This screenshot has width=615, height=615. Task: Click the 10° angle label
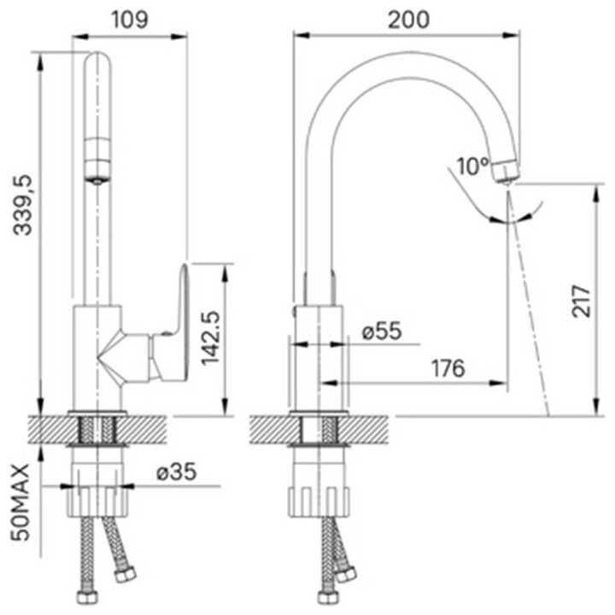point(472,166)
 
